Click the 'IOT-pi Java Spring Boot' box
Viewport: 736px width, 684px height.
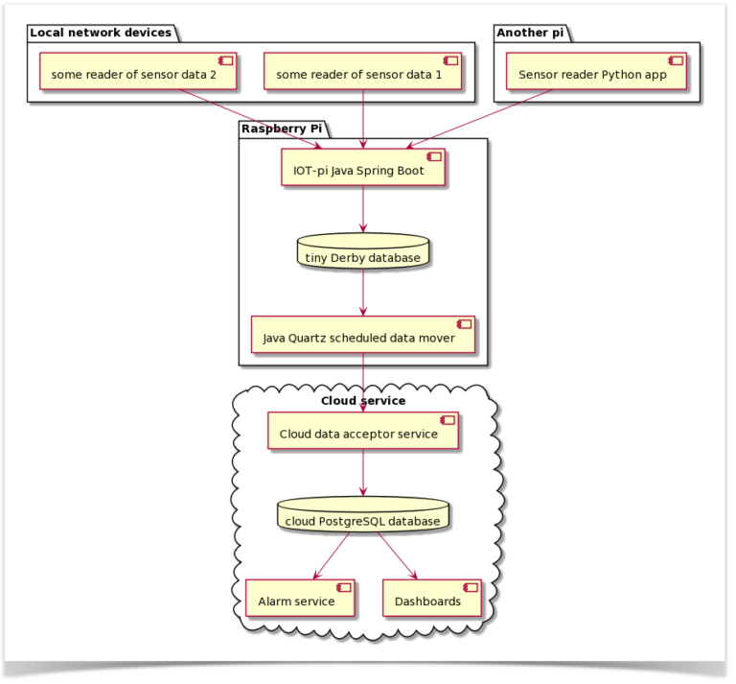pyautogui.click(x=363, y=169)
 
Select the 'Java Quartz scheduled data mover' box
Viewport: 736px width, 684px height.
pyautogui.click(x=363, y=336)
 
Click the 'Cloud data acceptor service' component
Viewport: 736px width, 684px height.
pyautogui.click(x=363, y=432)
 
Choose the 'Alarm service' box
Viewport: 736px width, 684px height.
pyautogui.click(x=300, y=599)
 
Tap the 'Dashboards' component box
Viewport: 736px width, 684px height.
pyautogui.click(x=431, y=599)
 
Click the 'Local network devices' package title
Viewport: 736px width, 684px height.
pyautogui.click(x=101, y=33)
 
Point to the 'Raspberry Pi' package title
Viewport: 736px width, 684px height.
pyautogui.click(x=281, y=129)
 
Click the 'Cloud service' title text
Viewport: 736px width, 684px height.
pyautogui.click(x=363, y=400)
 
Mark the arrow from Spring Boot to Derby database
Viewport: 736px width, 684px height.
pyautogui.click(x=363, y=210)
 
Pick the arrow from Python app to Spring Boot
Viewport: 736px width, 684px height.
pyautogui.click(x=482, y=120)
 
